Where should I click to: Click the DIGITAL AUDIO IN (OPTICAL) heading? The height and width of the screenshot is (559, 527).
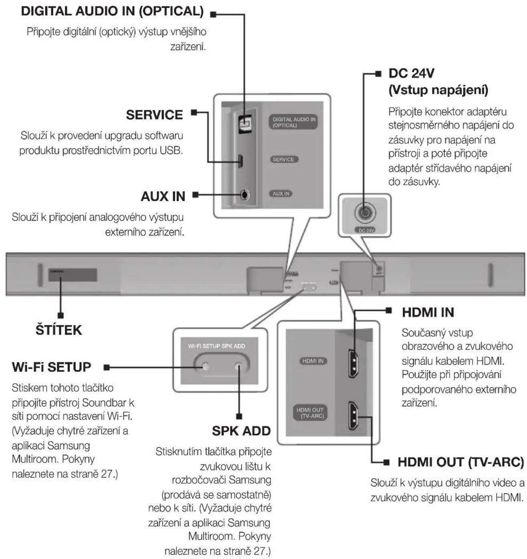[x=112, y=12]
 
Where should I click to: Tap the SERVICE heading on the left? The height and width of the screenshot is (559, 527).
[x=154, y=115]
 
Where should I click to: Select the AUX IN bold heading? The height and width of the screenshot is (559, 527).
[x=163, y=196]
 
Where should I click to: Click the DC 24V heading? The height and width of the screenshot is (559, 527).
[x=411, y=73]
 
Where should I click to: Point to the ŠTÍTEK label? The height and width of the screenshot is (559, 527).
[x=59, y=330]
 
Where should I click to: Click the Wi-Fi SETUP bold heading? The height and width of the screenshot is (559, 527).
[x=51, y=367]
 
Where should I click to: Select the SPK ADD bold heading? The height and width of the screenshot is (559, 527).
[x=241, y=431]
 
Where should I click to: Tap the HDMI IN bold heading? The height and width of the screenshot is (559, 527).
[x=428, y=313]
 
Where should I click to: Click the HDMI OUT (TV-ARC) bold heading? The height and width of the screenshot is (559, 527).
[x=460, y=462]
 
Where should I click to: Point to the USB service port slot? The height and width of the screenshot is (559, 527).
[x=240, y=161]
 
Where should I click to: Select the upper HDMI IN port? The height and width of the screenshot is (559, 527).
[x=353, y=363]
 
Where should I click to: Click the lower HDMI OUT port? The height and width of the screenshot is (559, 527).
[x=353, y=415]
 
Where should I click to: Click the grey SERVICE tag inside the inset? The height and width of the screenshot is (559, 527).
[x=283, y=159]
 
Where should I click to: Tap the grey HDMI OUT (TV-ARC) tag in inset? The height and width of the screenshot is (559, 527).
[x=310, y=413]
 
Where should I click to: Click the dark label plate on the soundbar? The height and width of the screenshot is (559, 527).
[x=73, y=275]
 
